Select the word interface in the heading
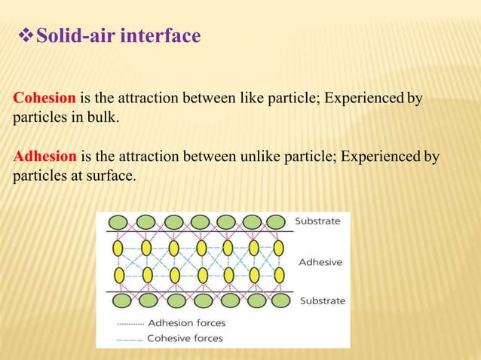coord(163,35)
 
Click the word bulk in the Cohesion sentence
coord(103,119)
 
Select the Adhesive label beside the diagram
coord(320,262)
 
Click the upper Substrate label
coord(317,221)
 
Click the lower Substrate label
coord(323,301)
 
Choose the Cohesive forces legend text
coord(185,338)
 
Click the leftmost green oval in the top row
coord(119,221)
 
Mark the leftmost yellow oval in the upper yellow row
coord(120,248)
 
